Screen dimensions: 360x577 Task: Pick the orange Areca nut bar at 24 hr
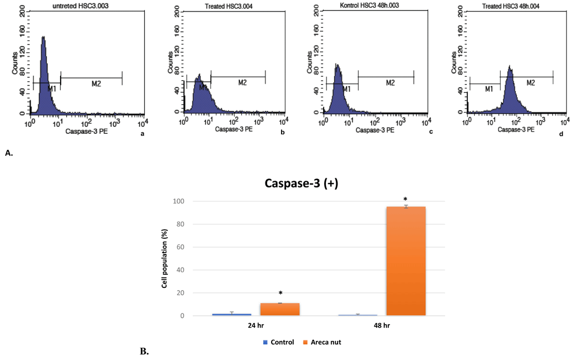click(280, 309)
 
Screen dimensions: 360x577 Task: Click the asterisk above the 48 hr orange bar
click(406, 199)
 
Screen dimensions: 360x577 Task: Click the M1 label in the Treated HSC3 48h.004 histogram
click(488, 89)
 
